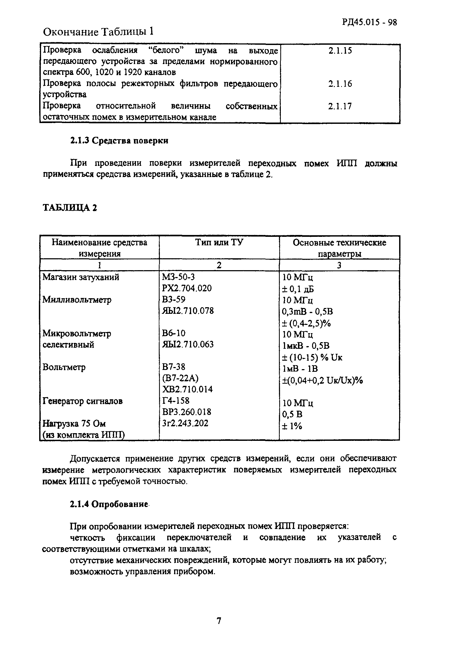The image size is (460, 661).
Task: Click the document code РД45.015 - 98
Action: (369, 22)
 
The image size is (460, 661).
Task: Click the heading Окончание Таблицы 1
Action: (98, 32)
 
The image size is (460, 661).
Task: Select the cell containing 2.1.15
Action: (340, 51)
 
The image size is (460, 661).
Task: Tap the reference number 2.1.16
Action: (340, 84)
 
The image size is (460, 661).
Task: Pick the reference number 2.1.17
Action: (340, 106)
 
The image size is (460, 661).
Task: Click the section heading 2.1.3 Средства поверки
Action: (119, 141)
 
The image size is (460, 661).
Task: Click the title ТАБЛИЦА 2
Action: (70, 207)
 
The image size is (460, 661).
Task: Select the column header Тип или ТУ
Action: (219, 242)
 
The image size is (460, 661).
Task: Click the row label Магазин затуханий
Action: (81, 277)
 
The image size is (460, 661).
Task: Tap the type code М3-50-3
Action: (178, 277)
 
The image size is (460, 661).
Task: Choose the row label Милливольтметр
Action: (77, 300)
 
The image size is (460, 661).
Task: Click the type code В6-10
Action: (174, 333)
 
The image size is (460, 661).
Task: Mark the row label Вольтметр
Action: (64, 367)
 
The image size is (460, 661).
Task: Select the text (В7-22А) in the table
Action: (180, 378)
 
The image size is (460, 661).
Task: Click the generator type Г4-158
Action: (176, 400)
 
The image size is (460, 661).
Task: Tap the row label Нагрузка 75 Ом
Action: (74, 423)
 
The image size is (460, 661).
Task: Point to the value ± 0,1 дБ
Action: (298, 289)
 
